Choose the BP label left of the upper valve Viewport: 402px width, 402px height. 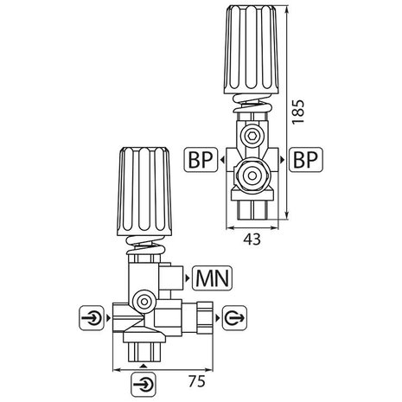(202, 161)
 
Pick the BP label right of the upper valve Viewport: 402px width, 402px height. (308, 161)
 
